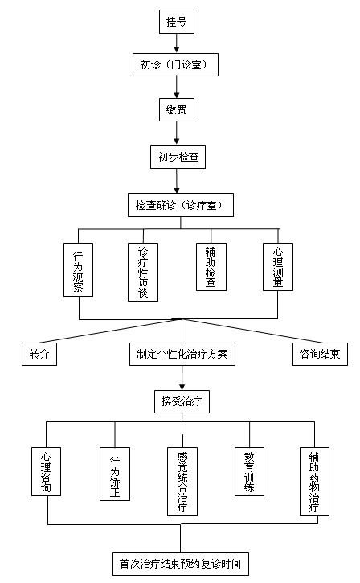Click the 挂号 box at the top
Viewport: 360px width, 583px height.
tap(177, 22)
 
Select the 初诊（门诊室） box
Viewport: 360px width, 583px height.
tap(175, 64)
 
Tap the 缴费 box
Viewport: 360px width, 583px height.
tap(177, 109)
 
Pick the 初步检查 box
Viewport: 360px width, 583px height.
tap(178, 157)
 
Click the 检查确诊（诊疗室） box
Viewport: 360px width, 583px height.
tap(181, 205)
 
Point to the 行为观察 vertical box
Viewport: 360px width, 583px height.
tap(78, 269)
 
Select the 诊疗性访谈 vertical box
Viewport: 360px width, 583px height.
tap(143, 272)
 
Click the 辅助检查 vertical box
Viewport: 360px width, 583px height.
tap(211, 267)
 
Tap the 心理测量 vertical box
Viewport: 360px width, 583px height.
tap(278, 267)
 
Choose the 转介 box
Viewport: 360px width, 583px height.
tap(39, 354)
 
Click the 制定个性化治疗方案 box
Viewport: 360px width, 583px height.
tap(182, 354)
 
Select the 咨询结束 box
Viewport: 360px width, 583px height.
tap(320, 354)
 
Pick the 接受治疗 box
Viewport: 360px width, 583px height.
tap(182, 401)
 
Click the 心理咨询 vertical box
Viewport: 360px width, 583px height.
tap(46, 471)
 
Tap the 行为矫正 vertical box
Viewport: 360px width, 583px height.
tap(115, 474)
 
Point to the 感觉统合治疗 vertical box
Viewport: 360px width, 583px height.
tap(182, 482)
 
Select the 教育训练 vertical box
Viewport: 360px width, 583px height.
tap(249, 471)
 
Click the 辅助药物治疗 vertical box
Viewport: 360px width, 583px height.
tap(314, 482)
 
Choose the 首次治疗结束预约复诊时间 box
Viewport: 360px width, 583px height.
tap(181, 564)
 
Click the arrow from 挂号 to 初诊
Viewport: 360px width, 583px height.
tap(177, 43)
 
